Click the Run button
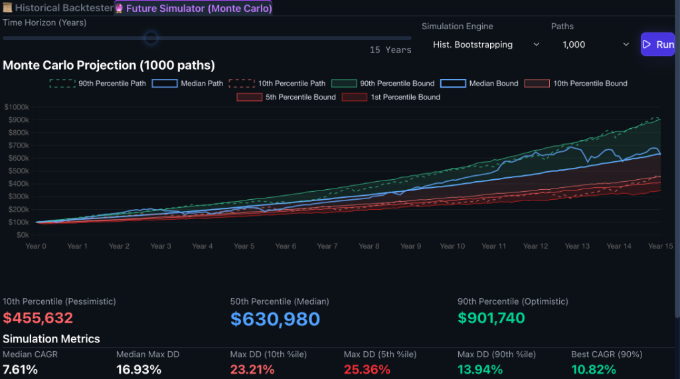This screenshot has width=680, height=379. (658, 44)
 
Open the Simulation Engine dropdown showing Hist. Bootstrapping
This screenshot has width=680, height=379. (485, 44)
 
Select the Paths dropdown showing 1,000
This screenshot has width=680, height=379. (595, 44)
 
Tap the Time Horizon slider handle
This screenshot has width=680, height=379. (151, 38)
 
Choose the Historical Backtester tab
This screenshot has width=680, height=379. (58, 8)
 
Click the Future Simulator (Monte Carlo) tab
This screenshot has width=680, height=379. (193, 8)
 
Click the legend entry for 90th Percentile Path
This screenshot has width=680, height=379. (98, 83)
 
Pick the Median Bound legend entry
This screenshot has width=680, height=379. (479, 83)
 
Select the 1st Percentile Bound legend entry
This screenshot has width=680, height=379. (390, 97)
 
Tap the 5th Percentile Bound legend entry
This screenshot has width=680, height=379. (286, 97)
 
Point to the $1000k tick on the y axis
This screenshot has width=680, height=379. (17, 107)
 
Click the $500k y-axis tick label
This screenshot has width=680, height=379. (19, 171)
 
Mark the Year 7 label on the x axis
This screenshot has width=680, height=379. (327, 246)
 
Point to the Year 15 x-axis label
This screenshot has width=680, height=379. (661, 246)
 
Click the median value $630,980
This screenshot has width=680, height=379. (275, 319)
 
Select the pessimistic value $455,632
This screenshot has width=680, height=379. (38, 319)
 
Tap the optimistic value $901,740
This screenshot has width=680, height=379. (491, 319)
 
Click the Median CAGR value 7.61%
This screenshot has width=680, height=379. (20, 370)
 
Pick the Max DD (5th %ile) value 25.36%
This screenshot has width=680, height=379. (367, 370)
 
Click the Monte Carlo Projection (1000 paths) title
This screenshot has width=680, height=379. (109, 66)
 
